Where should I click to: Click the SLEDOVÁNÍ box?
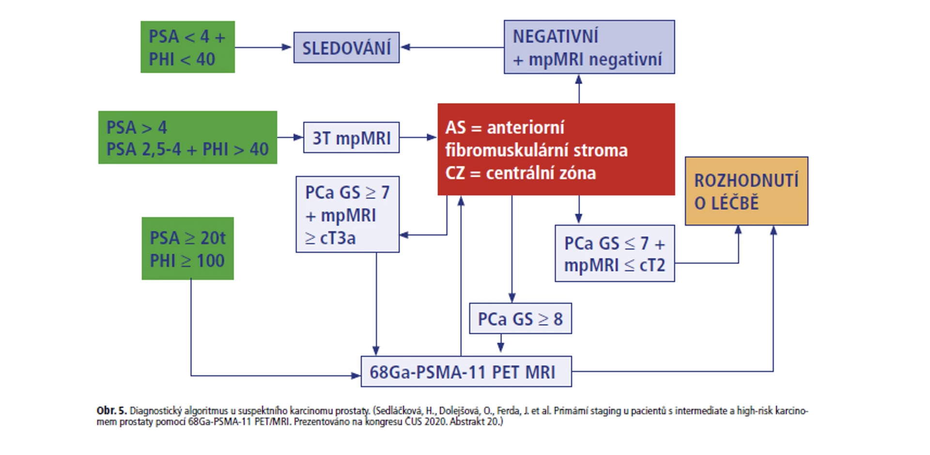click(346, 47)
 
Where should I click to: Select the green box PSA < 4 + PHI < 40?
click(187, 47)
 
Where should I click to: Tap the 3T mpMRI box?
click(351, 138)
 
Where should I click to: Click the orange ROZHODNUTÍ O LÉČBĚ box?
click(746, 191)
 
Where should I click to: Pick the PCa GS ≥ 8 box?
click(520, 318)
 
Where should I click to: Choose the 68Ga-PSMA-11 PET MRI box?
click(466, 372)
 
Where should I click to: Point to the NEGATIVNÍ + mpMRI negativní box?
click(589, 47)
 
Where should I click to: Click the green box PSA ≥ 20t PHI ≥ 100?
click(187, 249)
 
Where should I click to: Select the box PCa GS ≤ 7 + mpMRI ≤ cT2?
click(614, 253)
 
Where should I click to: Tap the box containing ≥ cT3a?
click(347, 214)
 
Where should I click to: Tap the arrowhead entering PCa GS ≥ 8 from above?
click(512, 297)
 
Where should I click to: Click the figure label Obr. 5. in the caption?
click(111, 411)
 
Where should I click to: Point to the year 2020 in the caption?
click(435, 422)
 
